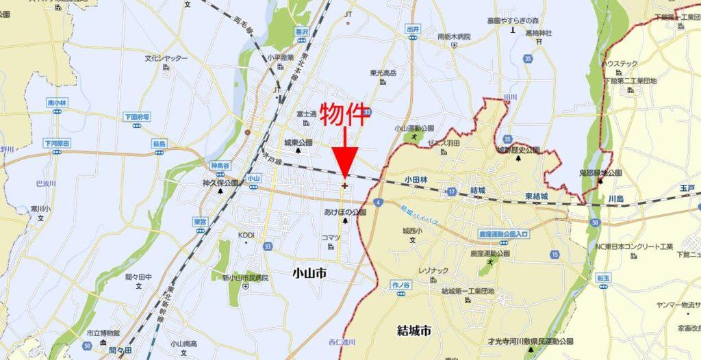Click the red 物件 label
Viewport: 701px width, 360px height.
[x=345, y=116]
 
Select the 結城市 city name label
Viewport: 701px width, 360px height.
[x=414, y=331]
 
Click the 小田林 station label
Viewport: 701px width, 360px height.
[x=416, y=180]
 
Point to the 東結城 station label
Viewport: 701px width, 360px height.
[x=538, y=196]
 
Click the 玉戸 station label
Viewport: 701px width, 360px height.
[x=687, y=187]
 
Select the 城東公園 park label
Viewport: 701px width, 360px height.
[x=298, y=142]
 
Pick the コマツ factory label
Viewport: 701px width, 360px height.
[x=331, y=237]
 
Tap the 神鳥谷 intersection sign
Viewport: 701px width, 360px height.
[x=219, y=166]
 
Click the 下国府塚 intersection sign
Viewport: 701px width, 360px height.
[x=137, y=117]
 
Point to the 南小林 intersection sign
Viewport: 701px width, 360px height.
[x=58, y=103]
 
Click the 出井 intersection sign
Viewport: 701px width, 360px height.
[x=412, y=29]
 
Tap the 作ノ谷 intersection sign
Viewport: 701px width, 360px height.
[x=400, y=283]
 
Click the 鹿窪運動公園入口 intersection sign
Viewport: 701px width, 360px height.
[x=503, y=234]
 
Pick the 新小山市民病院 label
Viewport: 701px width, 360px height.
[x=245, y=278]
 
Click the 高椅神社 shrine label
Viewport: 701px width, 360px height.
[x=539, y=33]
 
